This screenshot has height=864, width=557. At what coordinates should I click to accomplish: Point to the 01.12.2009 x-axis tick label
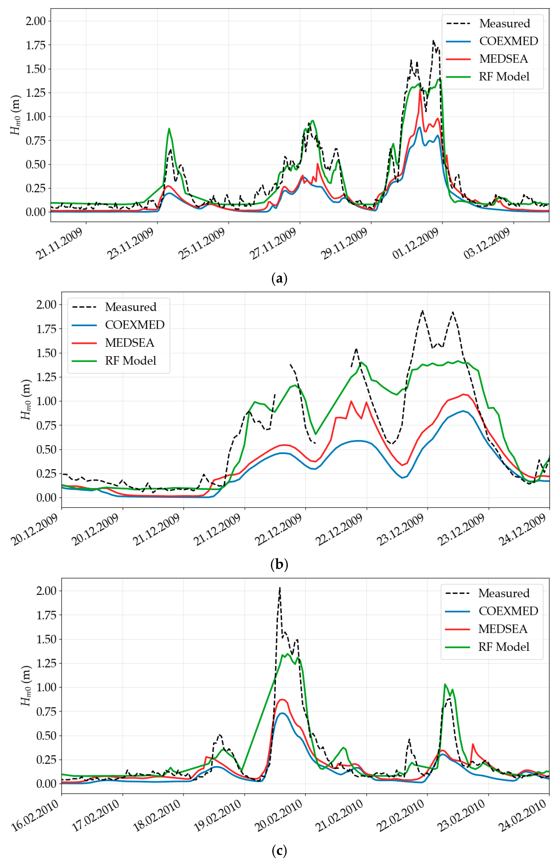coord(416,244)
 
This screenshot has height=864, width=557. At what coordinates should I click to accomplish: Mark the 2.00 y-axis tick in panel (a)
coord(35,21)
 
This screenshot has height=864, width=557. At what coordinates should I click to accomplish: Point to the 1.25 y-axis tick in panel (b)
coord(46,377)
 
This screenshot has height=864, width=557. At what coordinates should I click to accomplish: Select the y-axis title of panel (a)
coord(15,115)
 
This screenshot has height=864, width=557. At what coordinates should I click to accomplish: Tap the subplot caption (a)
coord(279,279)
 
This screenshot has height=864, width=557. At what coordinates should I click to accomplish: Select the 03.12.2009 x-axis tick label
coord(487,244)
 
